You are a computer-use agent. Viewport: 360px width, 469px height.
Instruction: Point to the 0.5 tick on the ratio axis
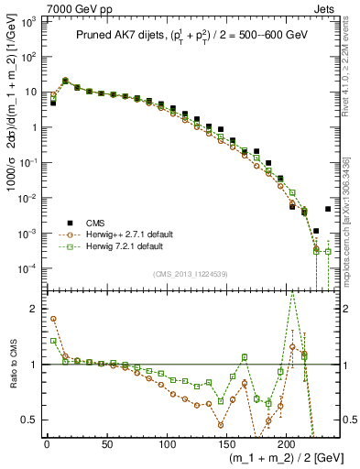[30, 420]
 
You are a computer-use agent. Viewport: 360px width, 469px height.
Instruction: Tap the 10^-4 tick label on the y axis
[27, 268]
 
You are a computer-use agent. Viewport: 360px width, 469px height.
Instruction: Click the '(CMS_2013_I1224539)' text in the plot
[190, 273]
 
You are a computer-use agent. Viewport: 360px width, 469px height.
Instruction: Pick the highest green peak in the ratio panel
[292, 290]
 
